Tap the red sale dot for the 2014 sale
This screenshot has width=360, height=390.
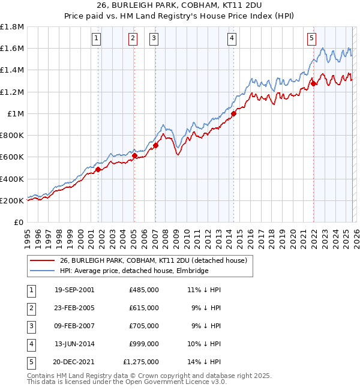pos(233,114)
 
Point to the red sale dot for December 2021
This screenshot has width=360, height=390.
pos(313,84)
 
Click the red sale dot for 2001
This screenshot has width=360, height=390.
pos(98,169)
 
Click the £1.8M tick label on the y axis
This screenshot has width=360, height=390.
pos(12,26)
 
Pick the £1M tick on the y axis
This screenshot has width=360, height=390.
pos(16,113)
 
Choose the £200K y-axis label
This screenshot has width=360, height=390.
pos(12,200)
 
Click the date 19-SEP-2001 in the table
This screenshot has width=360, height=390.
pos(74,290)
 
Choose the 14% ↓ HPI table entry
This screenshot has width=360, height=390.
pos(204,362)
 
